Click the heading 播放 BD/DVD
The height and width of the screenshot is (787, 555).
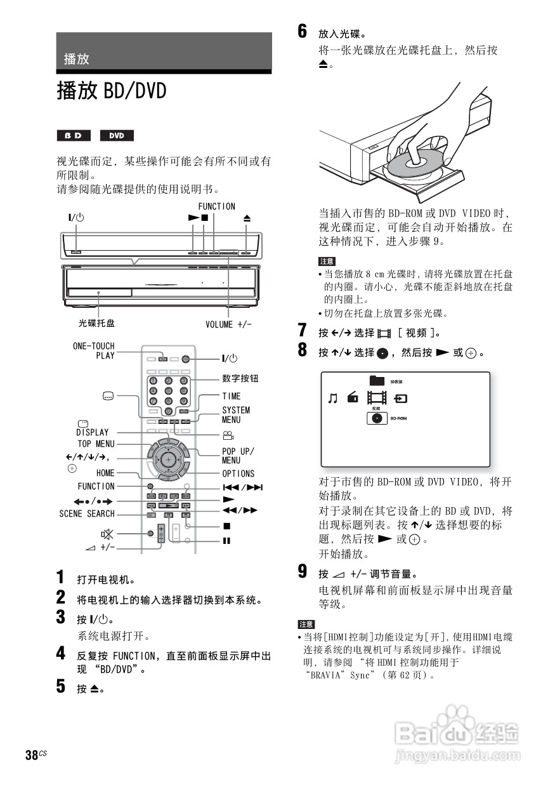[112, 91]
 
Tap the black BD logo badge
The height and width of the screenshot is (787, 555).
[74, 136]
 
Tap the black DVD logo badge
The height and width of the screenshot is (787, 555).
[117, 136]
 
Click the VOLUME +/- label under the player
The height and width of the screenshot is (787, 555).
[228, 324]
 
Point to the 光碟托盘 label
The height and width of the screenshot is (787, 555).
[96, 323]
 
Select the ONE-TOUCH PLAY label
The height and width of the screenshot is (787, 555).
[94, 350]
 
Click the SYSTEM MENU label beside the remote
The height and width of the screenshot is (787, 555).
[236, 415]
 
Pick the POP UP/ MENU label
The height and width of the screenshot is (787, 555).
[237, 456]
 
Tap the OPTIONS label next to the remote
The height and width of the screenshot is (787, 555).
[238, 473]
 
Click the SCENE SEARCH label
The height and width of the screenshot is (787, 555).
[87, 513]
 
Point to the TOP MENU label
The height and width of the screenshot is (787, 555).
[96, 444]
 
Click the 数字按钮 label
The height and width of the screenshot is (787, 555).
[240, 379]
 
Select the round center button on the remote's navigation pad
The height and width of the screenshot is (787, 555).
[168, 459]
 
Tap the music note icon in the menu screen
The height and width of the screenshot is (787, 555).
[332, 399]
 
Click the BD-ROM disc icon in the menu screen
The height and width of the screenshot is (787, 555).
[377, 419]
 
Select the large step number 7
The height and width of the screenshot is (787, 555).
[303, 331]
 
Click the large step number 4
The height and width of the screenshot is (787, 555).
[60, 652]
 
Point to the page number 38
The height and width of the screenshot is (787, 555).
[32, 755]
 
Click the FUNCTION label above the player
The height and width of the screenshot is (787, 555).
[216, 206]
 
